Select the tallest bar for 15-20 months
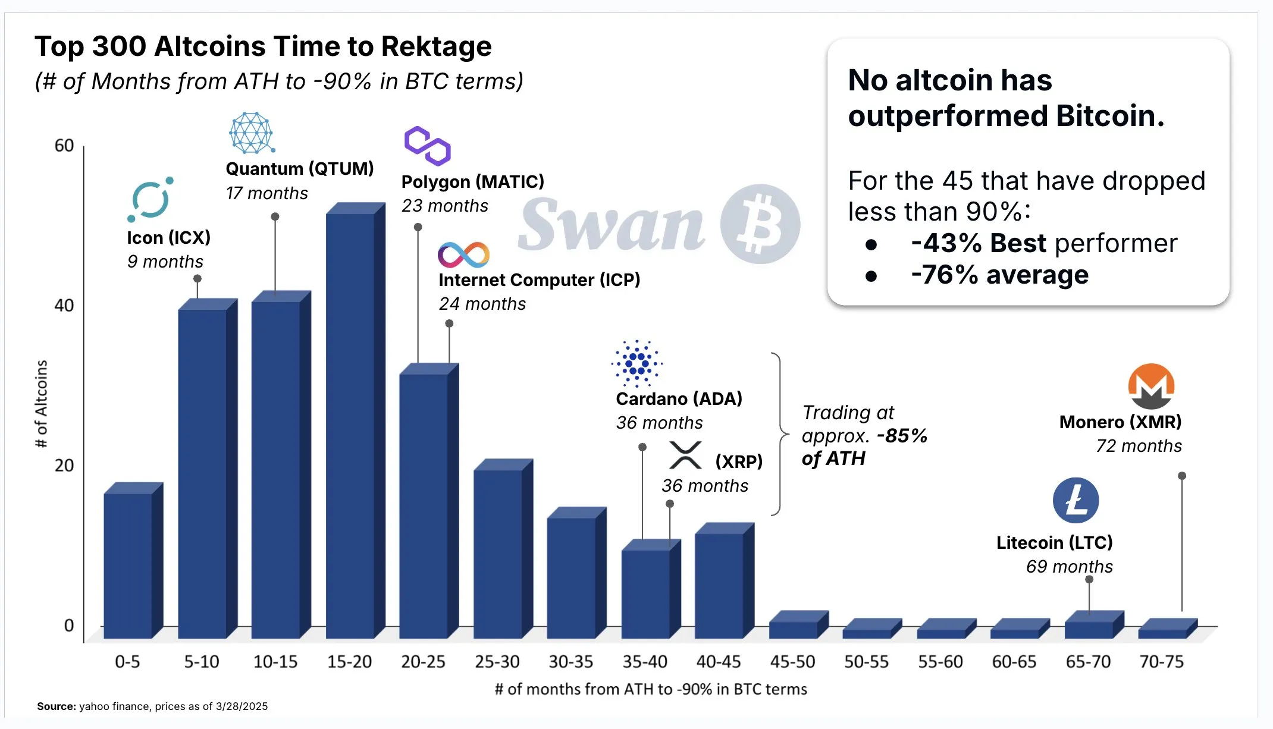pos(351,422)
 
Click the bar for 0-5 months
pos(128,565)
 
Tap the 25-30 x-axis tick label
pos(497,661)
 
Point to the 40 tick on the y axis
pos(64,306)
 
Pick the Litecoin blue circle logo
pos(1076,501)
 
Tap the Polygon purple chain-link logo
pos(427,146)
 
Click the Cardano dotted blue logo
pos(636,363)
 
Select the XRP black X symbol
pos(685,455)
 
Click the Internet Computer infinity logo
pos(463,255)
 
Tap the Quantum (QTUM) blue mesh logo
pos(252,133)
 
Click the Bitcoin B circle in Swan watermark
pos(760,224)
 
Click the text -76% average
pos(999,275)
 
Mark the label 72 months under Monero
pos(1139,446)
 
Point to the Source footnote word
pos(56,706)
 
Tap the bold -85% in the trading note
pos(902,436)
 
